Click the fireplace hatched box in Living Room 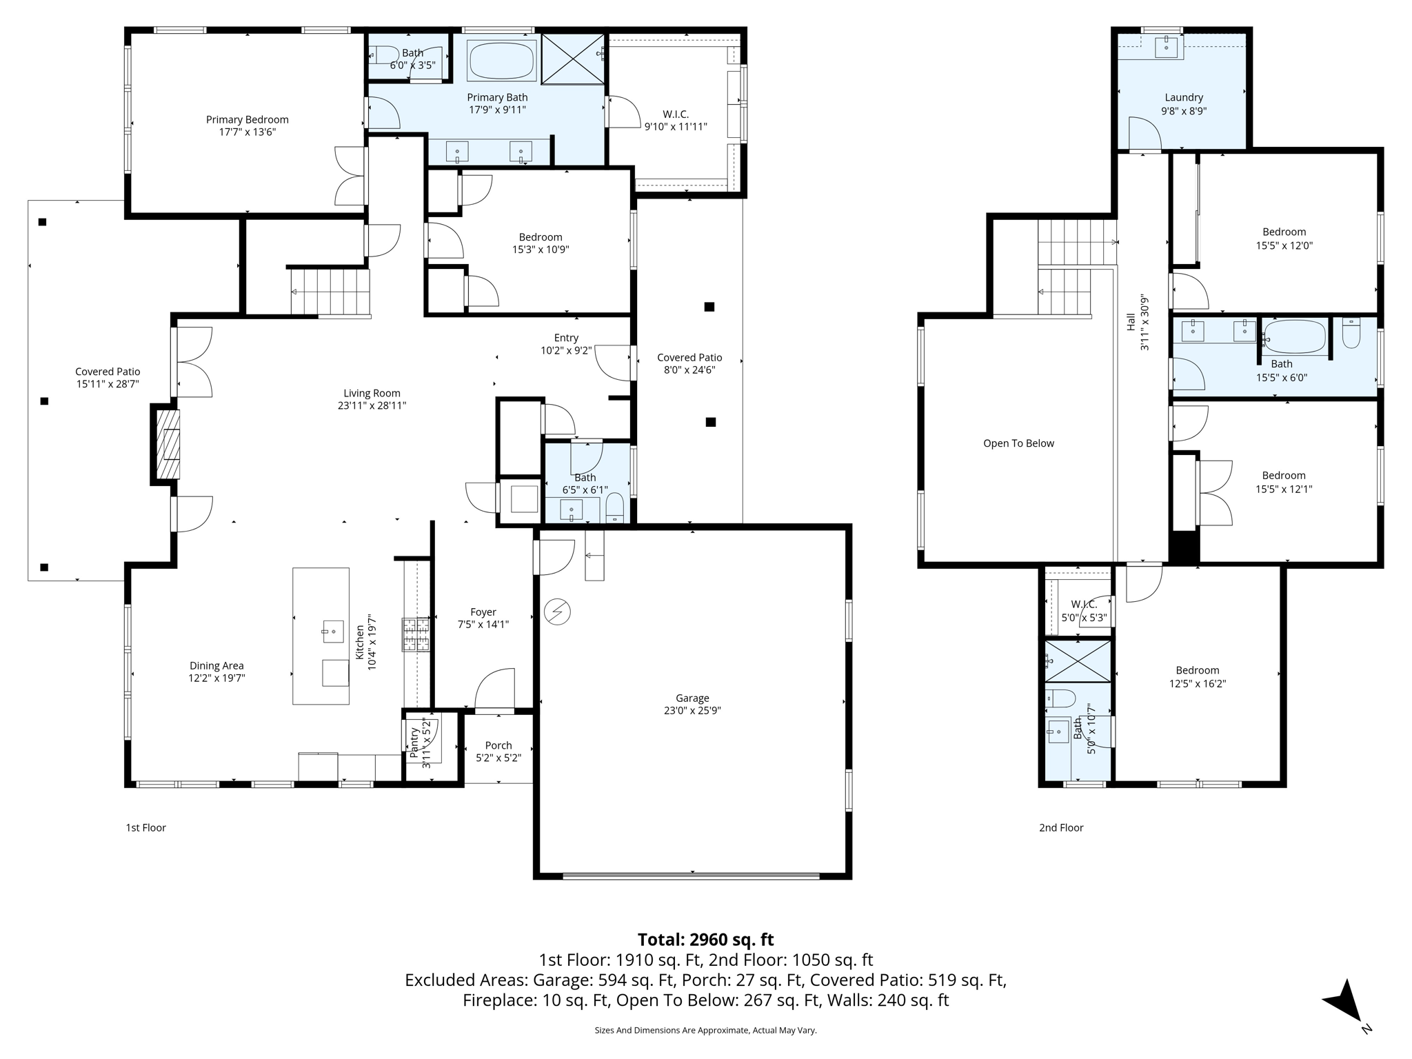(x=168, y=445)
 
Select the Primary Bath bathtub (x=501, y=61)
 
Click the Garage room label (x=692, y=698)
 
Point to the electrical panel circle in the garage (x=557, y=612)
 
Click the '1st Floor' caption (x=145, y=827)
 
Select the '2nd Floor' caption (x=1061, y=827)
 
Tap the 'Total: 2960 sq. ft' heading (x=705, y=940)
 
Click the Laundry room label (x=1184, y=98)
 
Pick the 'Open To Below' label (x=1018, y=443)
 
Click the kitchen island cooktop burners (x=416, y=635)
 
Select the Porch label (x=498, y=745)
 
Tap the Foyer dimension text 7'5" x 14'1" (x=483, y=625)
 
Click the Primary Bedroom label (x=248, y=119)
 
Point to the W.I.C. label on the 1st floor (x=676, y=114)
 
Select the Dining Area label (x=216, y=666)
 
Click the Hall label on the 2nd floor (x=1131, y=322)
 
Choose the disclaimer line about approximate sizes (x=705, y=1030)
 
